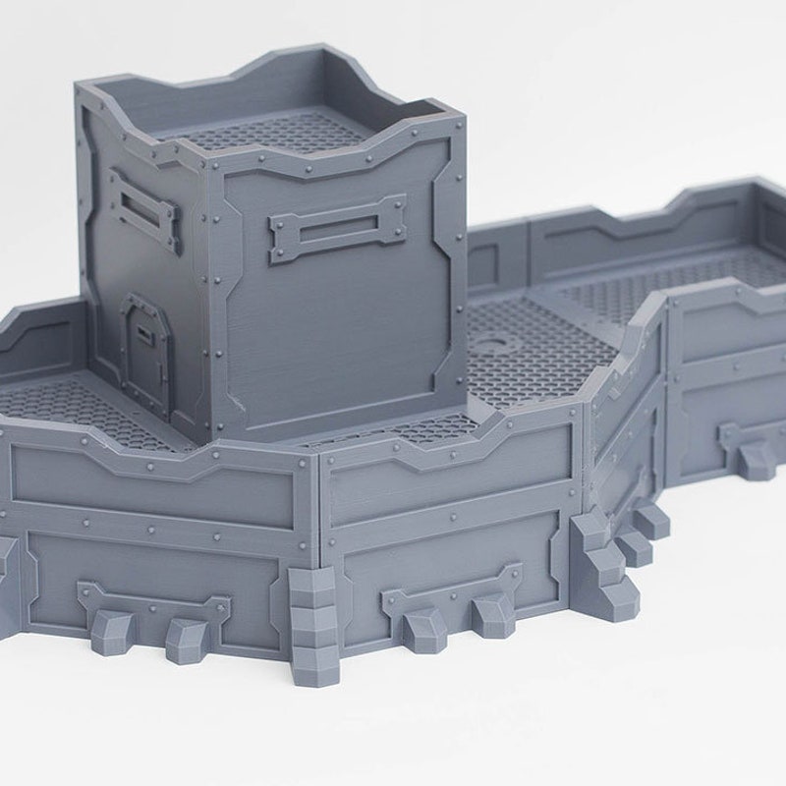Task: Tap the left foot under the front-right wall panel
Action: [422, 626]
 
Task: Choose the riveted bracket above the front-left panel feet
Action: [152, 600]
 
